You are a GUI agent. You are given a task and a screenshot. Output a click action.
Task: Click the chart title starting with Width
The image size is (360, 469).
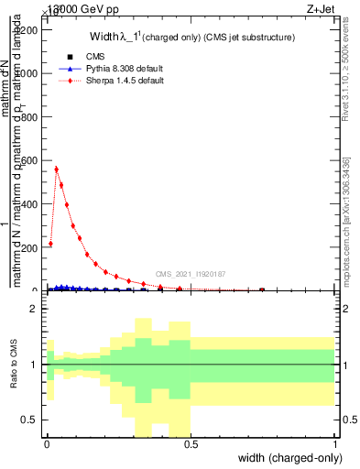(x=191, y=38)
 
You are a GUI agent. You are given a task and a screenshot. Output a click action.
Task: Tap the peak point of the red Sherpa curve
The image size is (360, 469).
(x=57, y=169)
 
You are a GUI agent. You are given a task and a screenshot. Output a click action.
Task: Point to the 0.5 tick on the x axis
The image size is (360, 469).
(x=191, y=444)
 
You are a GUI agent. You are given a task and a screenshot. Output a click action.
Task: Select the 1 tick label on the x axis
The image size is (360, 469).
(x=335, y=444)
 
